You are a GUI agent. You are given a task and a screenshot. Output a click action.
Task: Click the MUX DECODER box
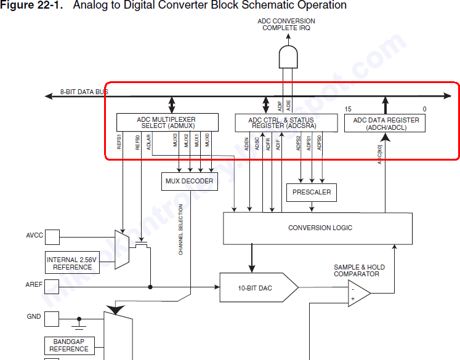click(x=189, y=181)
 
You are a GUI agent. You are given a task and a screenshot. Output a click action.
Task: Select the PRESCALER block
click(x=312, y=192)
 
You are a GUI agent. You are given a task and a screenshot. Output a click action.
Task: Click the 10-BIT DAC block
click(x=256, y=287)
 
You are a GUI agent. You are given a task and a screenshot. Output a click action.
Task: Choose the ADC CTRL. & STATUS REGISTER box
click(x=281, y=122)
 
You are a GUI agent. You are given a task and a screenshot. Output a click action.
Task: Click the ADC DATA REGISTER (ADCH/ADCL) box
click(x=385, y=123)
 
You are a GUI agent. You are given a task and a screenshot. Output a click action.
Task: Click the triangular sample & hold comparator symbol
click(x=358, y=293)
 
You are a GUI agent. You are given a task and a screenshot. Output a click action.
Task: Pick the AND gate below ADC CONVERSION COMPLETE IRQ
click(x=288, y=57)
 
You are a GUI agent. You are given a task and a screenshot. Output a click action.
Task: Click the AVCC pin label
click(x=34, y=236)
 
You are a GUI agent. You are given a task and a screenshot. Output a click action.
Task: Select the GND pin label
click(x=34, y=317)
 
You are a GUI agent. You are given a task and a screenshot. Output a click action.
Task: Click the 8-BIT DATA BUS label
click(x=84, y=92)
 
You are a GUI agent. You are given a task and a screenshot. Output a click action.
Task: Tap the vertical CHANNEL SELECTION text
click(x=181, y=230)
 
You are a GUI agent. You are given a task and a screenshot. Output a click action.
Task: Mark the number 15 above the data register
click(x=348, y=109)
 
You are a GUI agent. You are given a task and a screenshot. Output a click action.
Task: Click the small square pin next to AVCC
click(x=52, y=236)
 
